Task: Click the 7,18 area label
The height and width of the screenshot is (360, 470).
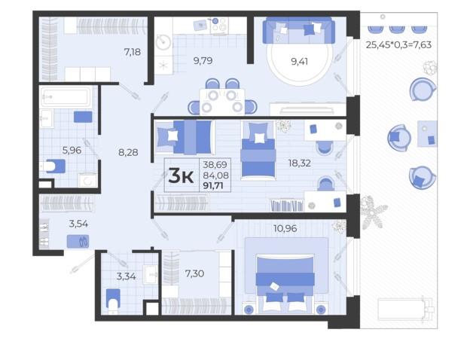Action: (133, 52)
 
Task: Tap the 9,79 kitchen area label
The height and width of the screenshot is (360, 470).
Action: (203, 61)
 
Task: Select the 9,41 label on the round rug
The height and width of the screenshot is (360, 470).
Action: (300, 62)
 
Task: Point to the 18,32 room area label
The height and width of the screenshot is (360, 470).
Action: (300, 163)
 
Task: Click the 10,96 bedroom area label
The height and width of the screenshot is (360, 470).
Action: (285, 228)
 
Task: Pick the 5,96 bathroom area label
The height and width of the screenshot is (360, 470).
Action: (72, 150)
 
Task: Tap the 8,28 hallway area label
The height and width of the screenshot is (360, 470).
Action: (128, 152)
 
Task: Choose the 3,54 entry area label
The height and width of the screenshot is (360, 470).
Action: (78, 224)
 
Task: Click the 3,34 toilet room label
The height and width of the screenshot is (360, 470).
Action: (127, 276)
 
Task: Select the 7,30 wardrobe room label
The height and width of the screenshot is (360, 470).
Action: (194, 273)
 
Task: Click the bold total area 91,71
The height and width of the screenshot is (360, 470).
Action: (213, 186)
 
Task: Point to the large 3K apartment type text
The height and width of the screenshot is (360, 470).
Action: (181, 176)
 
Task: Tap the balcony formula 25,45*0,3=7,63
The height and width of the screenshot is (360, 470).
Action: (398, 44)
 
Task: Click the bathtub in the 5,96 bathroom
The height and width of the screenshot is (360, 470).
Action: (66, 96)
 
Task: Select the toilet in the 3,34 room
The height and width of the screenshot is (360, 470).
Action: (113, 301)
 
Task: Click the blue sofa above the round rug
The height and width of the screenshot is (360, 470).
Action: (299, 30)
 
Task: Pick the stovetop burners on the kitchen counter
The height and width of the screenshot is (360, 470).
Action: (219, 25)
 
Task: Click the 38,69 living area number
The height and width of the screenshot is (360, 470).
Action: (215, 165)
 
